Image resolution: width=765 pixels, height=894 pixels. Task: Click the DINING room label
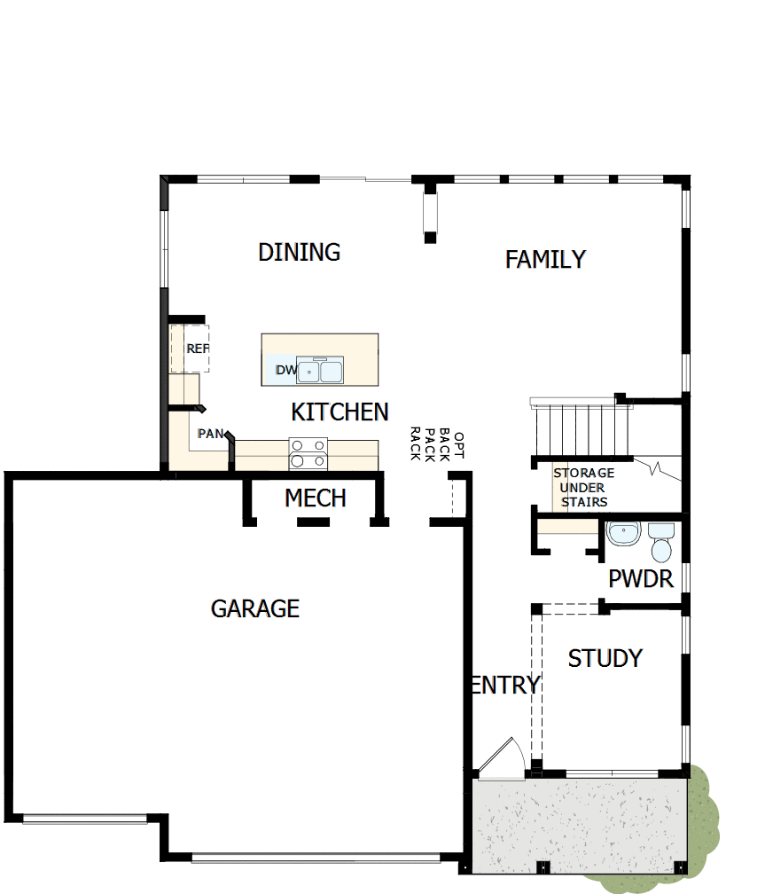pos(299,252)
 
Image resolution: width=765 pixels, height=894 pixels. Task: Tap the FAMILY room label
pos(545,259)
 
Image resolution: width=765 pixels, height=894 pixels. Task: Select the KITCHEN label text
pos(340,412)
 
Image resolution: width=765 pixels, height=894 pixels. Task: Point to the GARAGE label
pos(255,608)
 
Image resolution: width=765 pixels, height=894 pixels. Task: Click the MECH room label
pos(315,498)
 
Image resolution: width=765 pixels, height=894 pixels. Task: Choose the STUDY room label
pos(605,658)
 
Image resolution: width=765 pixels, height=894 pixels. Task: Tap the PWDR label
pos(640,579)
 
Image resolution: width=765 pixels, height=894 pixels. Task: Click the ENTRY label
pos(504,685)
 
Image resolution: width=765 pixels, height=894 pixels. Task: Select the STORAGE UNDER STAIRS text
pos(583,487)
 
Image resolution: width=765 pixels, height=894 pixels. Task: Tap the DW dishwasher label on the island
pos(285,370)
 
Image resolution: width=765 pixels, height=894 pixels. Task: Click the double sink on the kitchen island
pos(319,371)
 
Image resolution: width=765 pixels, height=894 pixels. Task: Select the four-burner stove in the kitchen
pos(308,453)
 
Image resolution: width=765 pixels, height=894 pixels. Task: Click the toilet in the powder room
pos(661,543)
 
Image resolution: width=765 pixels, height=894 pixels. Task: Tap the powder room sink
pos(623,535)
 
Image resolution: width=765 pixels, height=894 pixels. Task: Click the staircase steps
pos(580,427)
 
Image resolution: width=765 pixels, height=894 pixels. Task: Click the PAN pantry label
pos(210,434)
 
